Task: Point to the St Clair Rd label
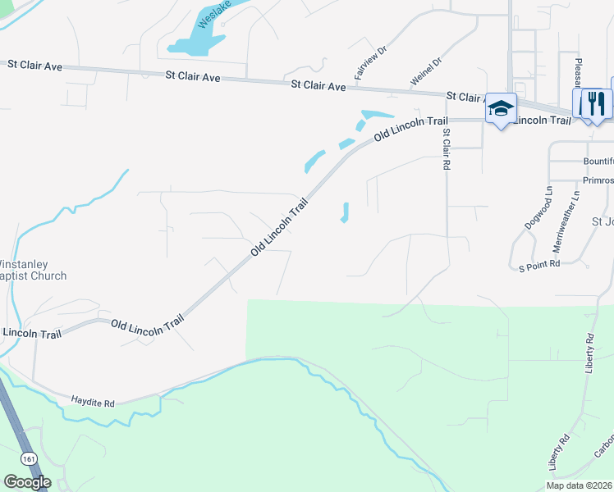coord(447,148)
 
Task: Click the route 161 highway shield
coord(30,456)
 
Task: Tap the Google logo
coord(26,482)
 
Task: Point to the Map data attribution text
coord(580,485)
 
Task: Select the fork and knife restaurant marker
coord(597,103)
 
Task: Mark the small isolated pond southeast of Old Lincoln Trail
coord(346,212)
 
